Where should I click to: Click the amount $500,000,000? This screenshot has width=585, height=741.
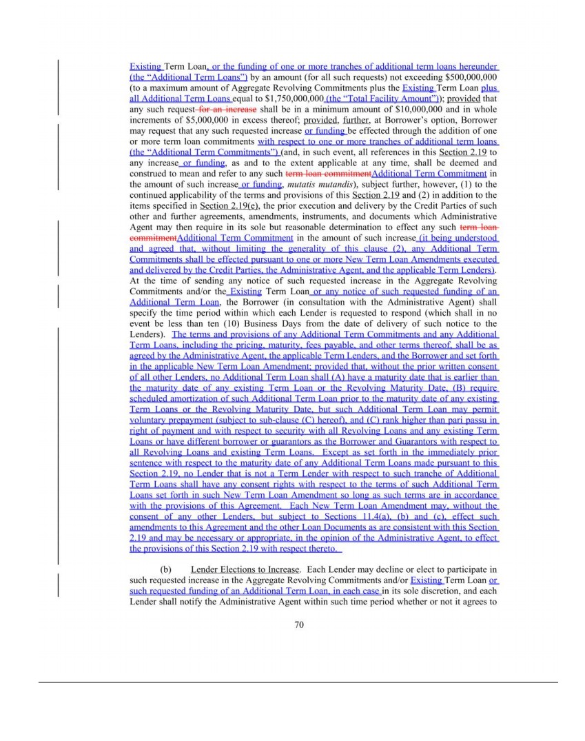(472, 78)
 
